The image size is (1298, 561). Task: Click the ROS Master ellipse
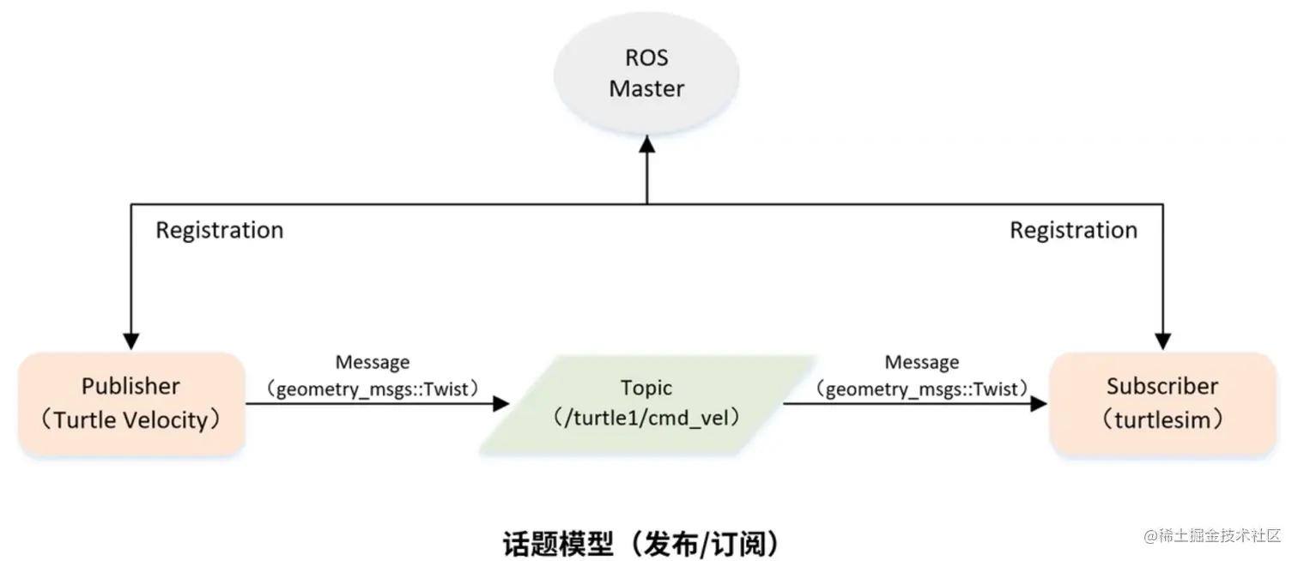[x=646, y=74]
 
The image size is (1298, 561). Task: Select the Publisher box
[x=131, y=403]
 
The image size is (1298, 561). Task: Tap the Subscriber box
[x=1162, y=403]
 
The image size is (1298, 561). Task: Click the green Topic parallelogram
[x=646, y=403]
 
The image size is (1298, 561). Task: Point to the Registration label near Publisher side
[x=219, y=230]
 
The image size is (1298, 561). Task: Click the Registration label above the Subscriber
[x=1073, y=230]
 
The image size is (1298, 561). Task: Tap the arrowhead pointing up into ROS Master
[x=646, y=144]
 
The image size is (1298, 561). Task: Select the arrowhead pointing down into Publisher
[x=131, y=341]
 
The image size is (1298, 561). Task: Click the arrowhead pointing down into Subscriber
[x=1162, y=341]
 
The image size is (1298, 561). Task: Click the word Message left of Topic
[x=372, y=363]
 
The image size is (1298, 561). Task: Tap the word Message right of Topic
[x=921, y=363]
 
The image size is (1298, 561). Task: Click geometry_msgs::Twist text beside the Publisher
[x=372, y=389]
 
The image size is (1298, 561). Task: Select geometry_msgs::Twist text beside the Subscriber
[x=922, y=389]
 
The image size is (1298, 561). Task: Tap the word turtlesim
[x=1162, y=420]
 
